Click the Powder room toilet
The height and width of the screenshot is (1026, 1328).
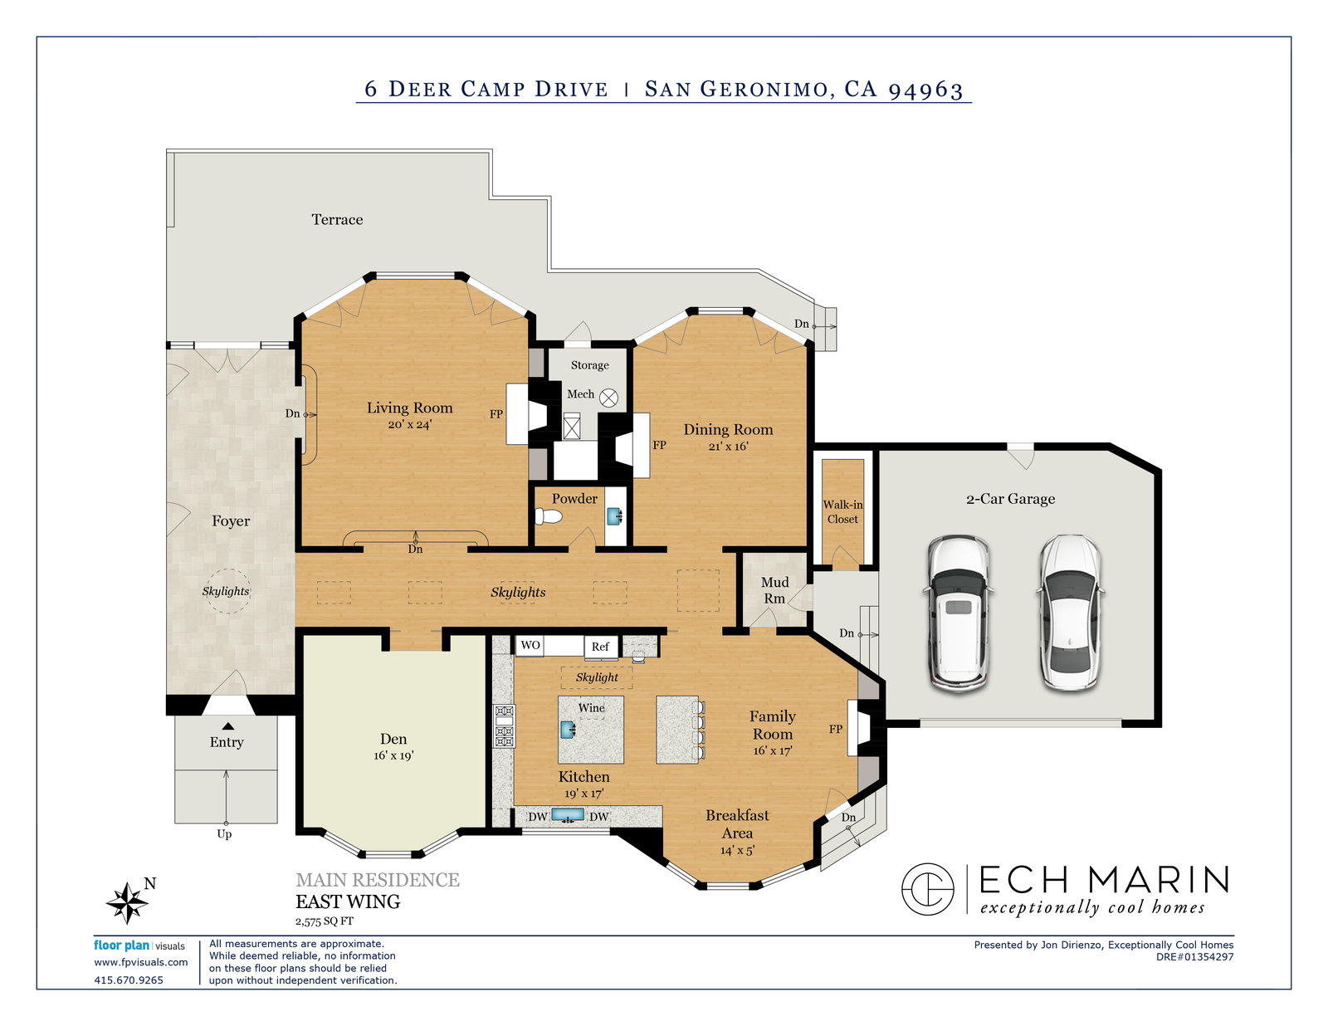[548, 516]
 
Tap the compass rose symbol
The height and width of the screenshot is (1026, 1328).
[127, 902]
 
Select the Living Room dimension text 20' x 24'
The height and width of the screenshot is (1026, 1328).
[409, 424]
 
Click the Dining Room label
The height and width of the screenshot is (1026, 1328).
[728, 430]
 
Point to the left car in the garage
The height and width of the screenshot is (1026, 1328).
[959, 613]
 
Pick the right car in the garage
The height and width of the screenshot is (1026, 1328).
[1071, 613]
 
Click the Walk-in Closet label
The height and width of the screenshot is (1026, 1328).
[842, 511]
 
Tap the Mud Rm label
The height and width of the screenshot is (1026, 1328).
[774, 590]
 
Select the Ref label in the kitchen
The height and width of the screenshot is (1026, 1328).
[600, 647]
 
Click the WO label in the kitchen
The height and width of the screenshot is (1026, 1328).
[530, 645]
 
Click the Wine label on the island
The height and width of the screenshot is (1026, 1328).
[592, 707]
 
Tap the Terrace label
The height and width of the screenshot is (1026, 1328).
[337, 219]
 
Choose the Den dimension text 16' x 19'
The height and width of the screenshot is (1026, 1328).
[393, 755]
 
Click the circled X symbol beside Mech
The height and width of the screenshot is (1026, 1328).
[608, 398]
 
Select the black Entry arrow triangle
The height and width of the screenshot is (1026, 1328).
[228, 726]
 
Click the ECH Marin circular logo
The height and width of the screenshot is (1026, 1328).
[928, 889]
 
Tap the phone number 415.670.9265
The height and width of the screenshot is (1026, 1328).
[129, 980]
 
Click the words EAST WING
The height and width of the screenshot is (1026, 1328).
[348, 902]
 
